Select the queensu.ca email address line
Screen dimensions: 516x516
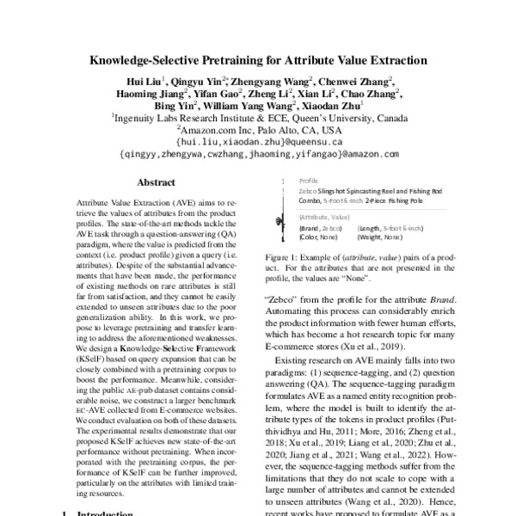click(259, 141)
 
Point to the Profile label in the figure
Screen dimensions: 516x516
click(308, 182)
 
